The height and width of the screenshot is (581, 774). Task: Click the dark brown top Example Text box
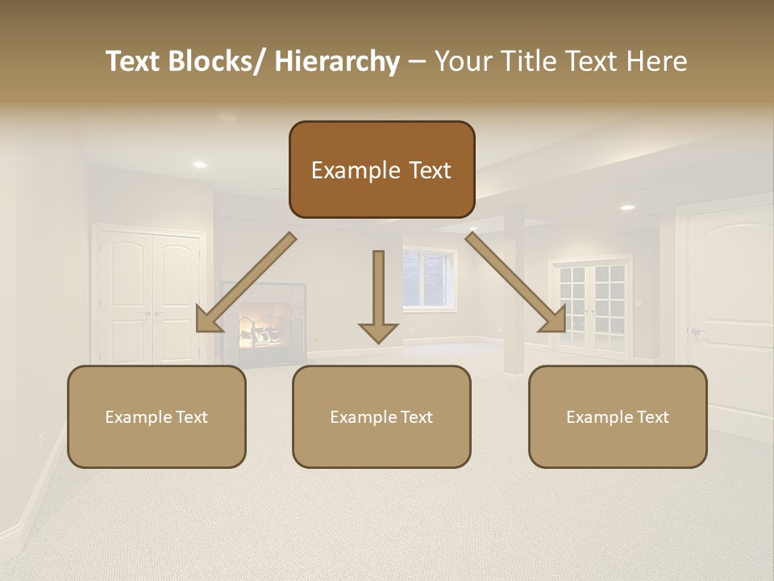pos(381,169)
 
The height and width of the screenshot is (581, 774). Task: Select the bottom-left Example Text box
pos(156,416)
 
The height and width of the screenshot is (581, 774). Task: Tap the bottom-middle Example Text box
pos(381,416)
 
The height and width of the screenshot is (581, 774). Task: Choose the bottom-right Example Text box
pos(618,416)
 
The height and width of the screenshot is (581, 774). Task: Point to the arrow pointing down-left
pos(246,283)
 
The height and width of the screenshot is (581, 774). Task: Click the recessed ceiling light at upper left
pos(199,165)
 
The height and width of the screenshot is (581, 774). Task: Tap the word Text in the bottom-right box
pos(653,417)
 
